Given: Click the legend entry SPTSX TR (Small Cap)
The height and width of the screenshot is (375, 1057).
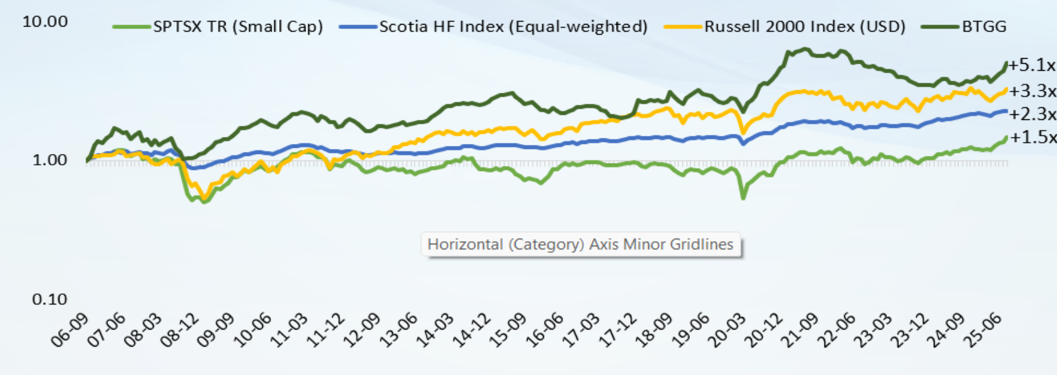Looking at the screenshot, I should pyautogui.click(x=238, y=27).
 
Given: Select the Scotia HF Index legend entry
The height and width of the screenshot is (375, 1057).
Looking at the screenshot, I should pyautogui.click(x=513, y=27).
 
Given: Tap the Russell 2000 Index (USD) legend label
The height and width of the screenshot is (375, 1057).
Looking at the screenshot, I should pyautogui.click(x=804, y=27).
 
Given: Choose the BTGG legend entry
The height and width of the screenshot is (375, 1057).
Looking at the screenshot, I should pyautogui.click(x=984, y=27).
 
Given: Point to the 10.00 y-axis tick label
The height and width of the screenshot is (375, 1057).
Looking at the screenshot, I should pyautogui.click(x=45, y=21).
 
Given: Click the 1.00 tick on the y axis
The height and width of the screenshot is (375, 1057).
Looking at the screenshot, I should pyautogui.click(x=49, y=160).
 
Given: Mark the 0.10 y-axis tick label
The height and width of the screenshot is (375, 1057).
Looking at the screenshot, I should pyautogui.click(x=49, y=299).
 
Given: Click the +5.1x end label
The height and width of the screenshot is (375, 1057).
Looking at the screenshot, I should pyautogui.click(x=1032, y=65).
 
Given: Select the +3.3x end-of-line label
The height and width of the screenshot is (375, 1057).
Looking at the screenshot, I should pyautogui.click(x=1032, y=91).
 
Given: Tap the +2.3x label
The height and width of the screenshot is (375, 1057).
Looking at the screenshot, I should pyautogui.click(x=1032, y=114).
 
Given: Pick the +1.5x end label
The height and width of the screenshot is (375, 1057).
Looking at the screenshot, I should pyautogui.click(x=1032, y=137).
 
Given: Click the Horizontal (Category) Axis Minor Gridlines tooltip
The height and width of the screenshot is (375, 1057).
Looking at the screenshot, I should pyautogui.click(x=581, y=244).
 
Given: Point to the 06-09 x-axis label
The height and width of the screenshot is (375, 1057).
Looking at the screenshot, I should pyautogui.click(x=71, y=330).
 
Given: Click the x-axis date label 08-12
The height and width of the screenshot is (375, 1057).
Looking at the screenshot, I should pyautogui.click(x=181, y=330).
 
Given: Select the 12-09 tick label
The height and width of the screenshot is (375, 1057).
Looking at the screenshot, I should pyautogui.click(x=363, y=330).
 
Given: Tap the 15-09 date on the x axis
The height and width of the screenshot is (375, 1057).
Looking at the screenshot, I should pyautogui.click(x=509, y=330).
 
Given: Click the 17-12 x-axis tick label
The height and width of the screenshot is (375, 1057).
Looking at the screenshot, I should pyautogui.click(x=618, y=330).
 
